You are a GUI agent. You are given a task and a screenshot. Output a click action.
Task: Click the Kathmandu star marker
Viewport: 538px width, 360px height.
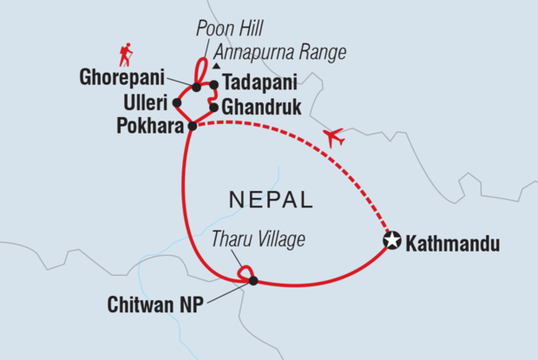click(x=393, y=242)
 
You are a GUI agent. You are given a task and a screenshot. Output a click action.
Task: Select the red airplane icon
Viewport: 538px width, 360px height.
click(x=333, y=136)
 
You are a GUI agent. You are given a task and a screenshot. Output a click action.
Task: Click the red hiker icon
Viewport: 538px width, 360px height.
click(x=126, y=56)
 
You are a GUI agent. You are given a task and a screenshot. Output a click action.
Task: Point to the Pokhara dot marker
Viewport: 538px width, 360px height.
click(x=192, y=126)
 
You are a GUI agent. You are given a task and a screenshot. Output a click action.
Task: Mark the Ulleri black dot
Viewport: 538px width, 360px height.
click(x=177, y=102)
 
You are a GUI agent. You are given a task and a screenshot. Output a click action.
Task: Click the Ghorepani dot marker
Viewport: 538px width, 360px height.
click(x=197, y=87)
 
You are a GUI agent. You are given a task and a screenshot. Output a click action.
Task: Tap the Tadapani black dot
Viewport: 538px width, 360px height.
click(x=213, y=85)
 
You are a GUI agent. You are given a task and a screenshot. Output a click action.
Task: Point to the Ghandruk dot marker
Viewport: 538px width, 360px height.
click(x=213, y=108)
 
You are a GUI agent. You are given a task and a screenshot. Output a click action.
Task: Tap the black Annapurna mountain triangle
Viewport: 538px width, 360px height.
click(x=217, y=66)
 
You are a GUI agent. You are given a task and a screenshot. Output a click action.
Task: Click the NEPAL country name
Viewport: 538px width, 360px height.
click(x=270, y=200)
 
